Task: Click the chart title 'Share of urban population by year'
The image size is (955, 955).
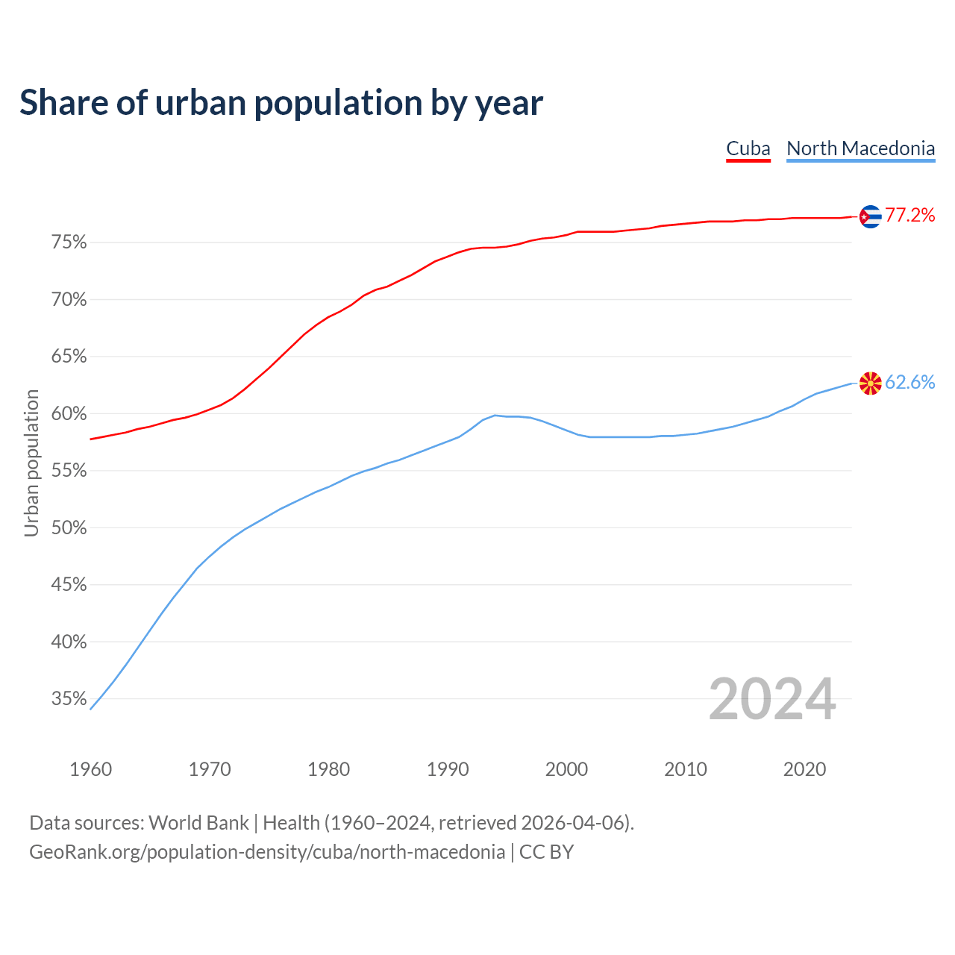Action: click(281, 103)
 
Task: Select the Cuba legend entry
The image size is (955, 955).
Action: click(748, 148)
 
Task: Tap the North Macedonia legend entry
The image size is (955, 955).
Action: click(860, 148)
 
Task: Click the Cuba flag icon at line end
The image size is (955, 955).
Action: click(870, 216)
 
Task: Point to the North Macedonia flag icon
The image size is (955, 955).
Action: click(870, 383)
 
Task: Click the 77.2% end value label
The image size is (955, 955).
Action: click(909, 216)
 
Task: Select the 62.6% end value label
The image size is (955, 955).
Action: click(909, 383)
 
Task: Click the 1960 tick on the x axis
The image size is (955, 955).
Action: click(91, 769)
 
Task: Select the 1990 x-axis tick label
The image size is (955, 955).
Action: click(448, 769)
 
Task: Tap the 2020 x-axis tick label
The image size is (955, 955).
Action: click(804, 769)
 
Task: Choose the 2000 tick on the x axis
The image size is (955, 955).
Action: click(567, 769)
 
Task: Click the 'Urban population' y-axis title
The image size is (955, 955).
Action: click(31, 463)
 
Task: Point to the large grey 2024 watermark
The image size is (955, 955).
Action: click(772, 700)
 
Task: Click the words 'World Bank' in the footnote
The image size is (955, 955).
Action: click(198, 823)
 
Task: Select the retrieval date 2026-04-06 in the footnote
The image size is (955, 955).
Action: click(573, 823)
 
